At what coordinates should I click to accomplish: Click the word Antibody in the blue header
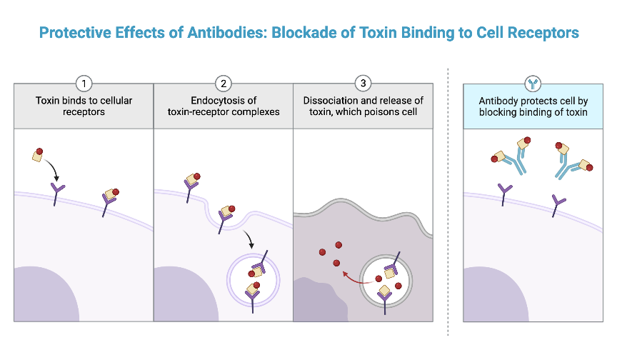(501, 101)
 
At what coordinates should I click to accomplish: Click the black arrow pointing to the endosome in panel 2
(248, 240)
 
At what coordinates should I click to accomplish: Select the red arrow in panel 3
(352, 275)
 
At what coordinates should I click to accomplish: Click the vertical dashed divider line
(448, 200)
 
